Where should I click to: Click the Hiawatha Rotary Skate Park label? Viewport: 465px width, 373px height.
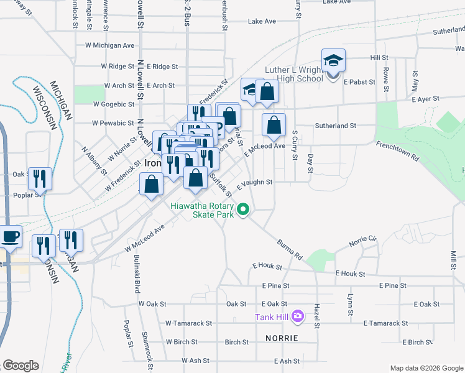pyautogui.click(x=203, y=210)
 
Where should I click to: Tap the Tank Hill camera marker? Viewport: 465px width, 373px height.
pyautogui.click(x=298, y=317)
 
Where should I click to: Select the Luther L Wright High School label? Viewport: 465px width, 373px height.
pyautogui.click(x=294, y=74)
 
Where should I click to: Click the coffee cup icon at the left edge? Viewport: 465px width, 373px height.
pyautogui.click(x=11, y=236)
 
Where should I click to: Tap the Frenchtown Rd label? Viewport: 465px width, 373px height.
pyautogui.click(x=397, y=152)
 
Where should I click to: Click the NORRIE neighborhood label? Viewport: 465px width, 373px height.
pyautogui.click(x=281, y=338)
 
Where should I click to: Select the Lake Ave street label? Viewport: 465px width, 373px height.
pyautogui.click(x=262, y=21)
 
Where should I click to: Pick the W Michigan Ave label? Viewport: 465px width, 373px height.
pyautogui.click(x=109, y=45)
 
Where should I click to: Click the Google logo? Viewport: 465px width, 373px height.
pyautogui.click(x=21, y=366)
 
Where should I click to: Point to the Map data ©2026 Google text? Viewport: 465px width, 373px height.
pyautogui.click(x=426, y=368)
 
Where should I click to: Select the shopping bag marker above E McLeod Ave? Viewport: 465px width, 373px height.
pyautogui.click(x=274, y=126)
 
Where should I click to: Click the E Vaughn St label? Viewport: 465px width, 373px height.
pyautogui.click(x=255, y=182)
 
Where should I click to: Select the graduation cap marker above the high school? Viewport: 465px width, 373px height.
pyautogui.click(x=333, y=61)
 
